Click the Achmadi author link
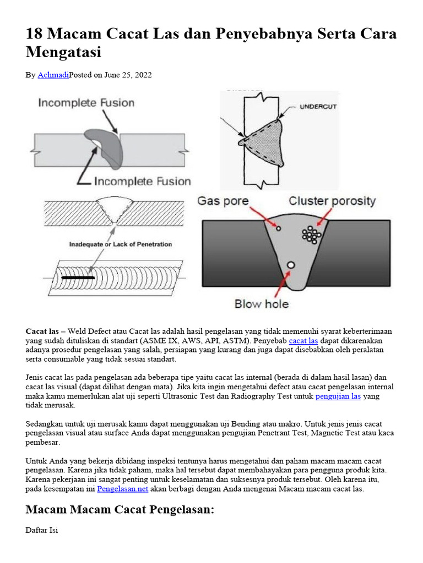pos(53,75)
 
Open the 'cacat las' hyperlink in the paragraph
pos(302,341)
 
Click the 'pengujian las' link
pos(338,396)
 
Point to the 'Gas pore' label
pos(223,201)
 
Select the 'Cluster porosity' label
pos(332,201)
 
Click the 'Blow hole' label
pos(262,303)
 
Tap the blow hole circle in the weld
pos(291,265)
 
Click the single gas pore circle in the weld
pos(278,229)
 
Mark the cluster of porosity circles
pos(311,235)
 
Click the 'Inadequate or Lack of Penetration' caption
pos(121,244)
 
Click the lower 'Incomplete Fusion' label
pos(142,181)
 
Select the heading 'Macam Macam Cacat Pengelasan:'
pos(120,510)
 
